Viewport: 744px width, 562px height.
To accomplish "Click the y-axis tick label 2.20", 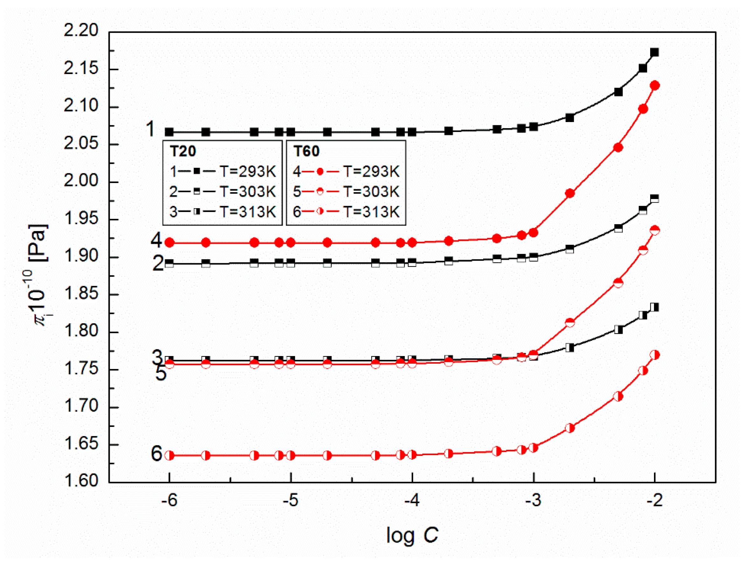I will [x=81, y=30].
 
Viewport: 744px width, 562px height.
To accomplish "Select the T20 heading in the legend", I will [x=183, y=151].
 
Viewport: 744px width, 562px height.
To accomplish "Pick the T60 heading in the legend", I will [x=306, y=151].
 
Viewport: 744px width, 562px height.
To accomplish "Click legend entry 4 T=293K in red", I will [x=346, y=172].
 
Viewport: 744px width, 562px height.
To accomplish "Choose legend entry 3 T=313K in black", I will [x=222, y=212].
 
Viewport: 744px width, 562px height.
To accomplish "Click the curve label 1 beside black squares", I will [x=150, y=129].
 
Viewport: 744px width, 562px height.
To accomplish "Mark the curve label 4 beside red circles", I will [x=156, y=240].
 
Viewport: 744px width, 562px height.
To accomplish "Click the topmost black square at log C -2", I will [x=655, y=52].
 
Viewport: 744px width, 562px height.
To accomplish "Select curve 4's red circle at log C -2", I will [x=655, y=86].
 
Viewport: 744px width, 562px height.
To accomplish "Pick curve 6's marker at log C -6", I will [x=170, y=456].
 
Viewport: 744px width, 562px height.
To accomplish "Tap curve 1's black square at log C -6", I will [x=169, y=132].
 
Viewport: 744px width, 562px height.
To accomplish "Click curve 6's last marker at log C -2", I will [x=655, y=355].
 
